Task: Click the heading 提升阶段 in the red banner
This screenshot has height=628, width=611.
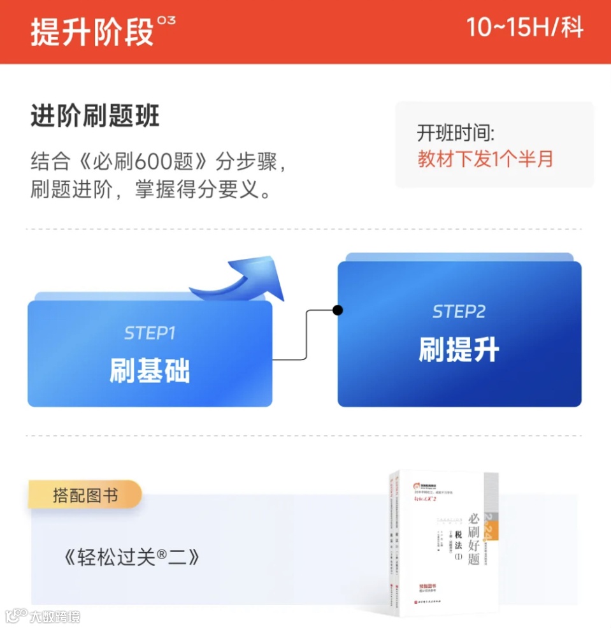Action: pyautogui.click(x=92, y=32)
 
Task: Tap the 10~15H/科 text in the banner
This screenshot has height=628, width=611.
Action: pyautogui.click(x=524, y=28)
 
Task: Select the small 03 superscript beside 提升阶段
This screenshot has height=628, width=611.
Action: pyautogui.click(x=167, y=21)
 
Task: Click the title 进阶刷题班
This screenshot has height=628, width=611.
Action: pyautogui.click(x=96, y=117)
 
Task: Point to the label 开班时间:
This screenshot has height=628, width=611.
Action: pyautogui.click(x=456, y=133)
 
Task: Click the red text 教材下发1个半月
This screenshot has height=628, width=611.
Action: pyautogui.click(x=485, y=159)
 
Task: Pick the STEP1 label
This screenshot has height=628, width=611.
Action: pyautogui.click(x=150, y=333)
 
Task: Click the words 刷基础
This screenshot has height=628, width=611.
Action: pyautogui.click(x=150, y=371)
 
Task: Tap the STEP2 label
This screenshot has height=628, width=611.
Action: pyautogui.click(x=459, y=312)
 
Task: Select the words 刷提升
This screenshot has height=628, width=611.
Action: pyautogui.click(x=459, y=349)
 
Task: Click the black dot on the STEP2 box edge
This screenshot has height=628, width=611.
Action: pyautogui.click(x=338, y=310)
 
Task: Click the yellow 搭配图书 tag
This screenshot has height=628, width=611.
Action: pyautogui.click(x=85, y=495)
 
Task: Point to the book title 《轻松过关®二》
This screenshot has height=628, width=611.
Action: pyautogui.click(x=132, y=558)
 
